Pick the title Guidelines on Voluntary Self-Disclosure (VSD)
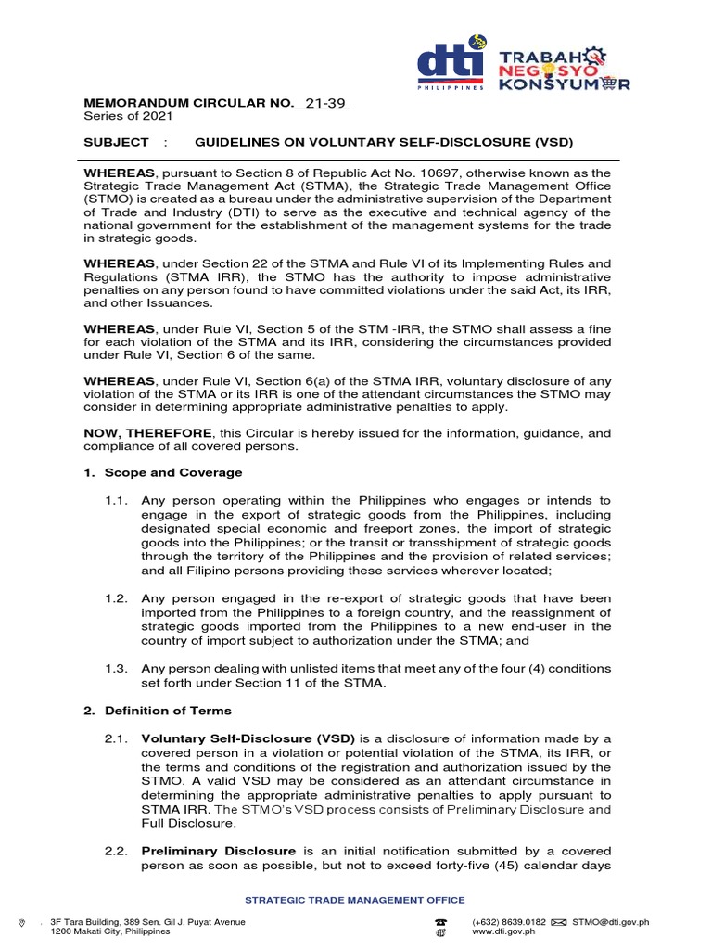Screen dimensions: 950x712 coord(384,142)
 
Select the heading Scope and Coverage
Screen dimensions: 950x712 coord(165,472)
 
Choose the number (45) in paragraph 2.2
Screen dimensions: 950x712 coord(524,865)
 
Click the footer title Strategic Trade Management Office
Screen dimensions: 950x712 coord(354,900)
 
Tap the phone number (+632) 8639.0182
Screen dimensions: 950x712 coord(509,922)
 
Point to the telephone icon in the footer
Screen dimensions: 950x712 coord(440,922)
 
